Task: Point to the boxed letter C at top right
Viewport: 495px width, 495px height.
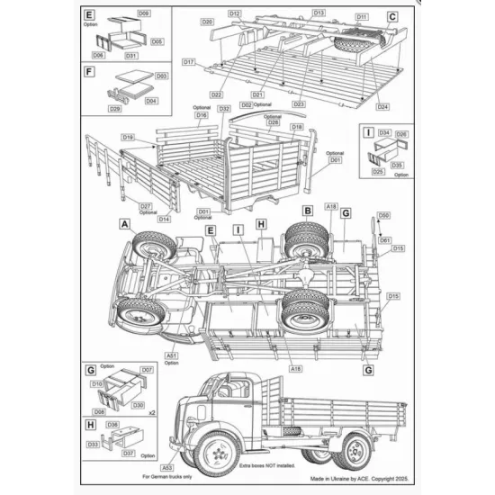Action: pos(392,16)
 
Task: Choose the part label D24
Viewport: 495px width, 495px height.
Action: pos(383,106)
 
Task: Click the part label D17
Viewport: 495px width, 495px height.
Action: pos(189,62)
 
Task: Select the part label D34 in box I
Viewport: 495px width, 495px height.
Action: pos(382,132)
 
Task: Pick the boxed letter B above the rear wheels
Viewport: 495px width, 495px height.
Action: pos(306,209)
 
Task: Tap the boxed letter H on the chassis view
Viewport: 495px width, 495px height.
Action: pos(261,224)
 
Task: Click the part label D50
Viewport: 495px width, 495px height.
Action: pos(383,216)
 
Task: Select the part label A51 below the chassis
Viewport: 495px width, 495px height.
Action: pos(173,355)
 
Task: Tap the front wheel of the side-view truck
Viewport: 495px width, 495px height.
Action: pos(216,449)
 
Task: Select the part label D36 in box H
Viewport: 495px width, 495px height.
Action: pos(112,424)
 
